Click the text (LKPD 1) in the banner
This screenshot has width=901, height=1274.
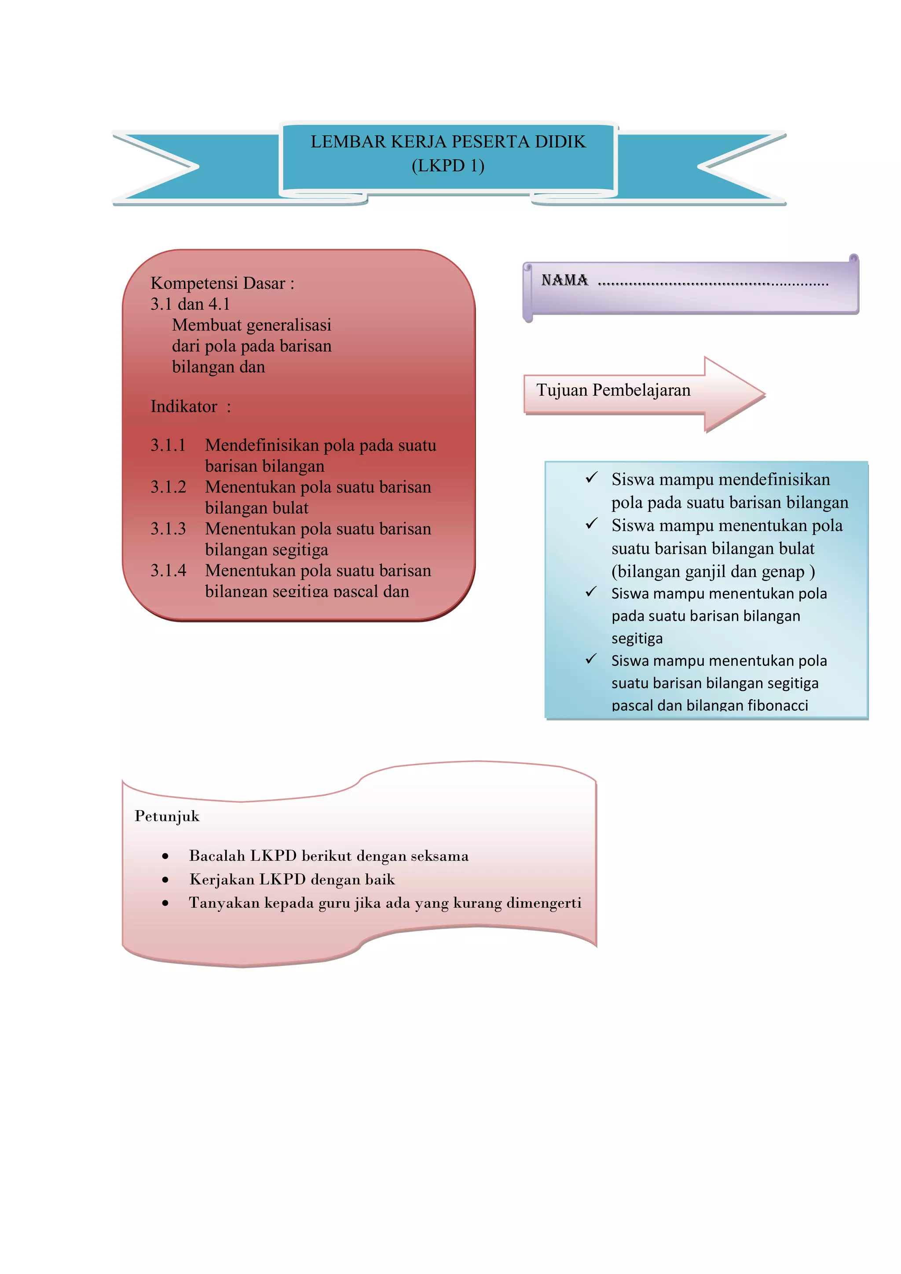click(448, 166)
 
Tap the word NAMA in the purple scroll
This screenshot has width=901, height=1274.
click(564, 280)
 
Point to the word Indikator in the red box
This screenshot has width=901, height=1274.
click(183, 407)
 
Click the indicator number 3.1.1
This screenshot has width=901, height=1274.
click(168, 445)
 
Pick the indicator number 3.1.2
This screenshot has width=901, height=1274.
click(168, 487)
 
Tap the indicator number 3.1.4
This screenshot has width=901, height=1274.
click(168, 570)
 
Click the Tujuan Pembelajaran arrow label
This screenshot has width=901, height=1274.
click(613, 390)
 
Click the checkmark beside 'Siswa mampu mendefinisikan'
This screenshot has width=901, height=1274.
click(591, 478)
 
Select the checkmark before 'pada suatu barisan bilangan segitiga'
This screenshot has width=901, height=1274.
click(591, 592)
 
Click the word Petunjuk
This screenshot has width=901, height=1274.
click(167, 816)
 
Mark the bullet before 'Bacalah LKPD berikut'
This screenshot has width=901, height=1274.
click(165, 857)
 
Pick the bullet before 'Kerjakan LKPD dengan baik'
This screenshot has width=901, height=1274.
click(165, 880)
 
